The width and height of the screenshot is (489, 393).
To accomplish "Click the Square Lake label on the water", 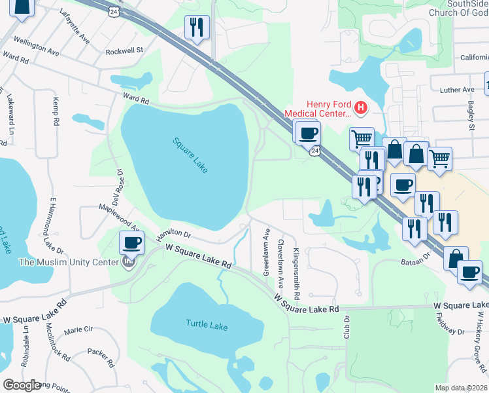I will [190, 155].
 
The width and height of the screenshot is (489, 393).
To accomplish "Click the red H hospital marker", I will [360, 107].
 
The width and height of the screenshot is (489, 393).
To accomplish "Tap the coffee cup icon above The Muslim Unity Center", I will [131, 243].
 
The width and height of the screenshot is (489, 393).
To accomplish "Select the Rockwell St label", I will [124, 50].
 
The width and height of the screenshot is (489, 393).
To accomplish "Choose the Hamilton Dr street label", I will [173, 233].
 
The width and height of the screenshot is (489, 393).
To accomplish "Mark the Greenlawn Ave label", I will [267, 252].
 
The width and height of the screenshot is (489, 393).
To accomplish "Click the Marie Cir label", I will [79, 331].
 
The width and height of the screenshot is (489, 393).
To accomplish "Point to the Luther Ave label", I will [457, 90].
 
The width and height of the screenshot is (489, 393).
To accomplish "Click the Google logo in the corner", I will [22, 385].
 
